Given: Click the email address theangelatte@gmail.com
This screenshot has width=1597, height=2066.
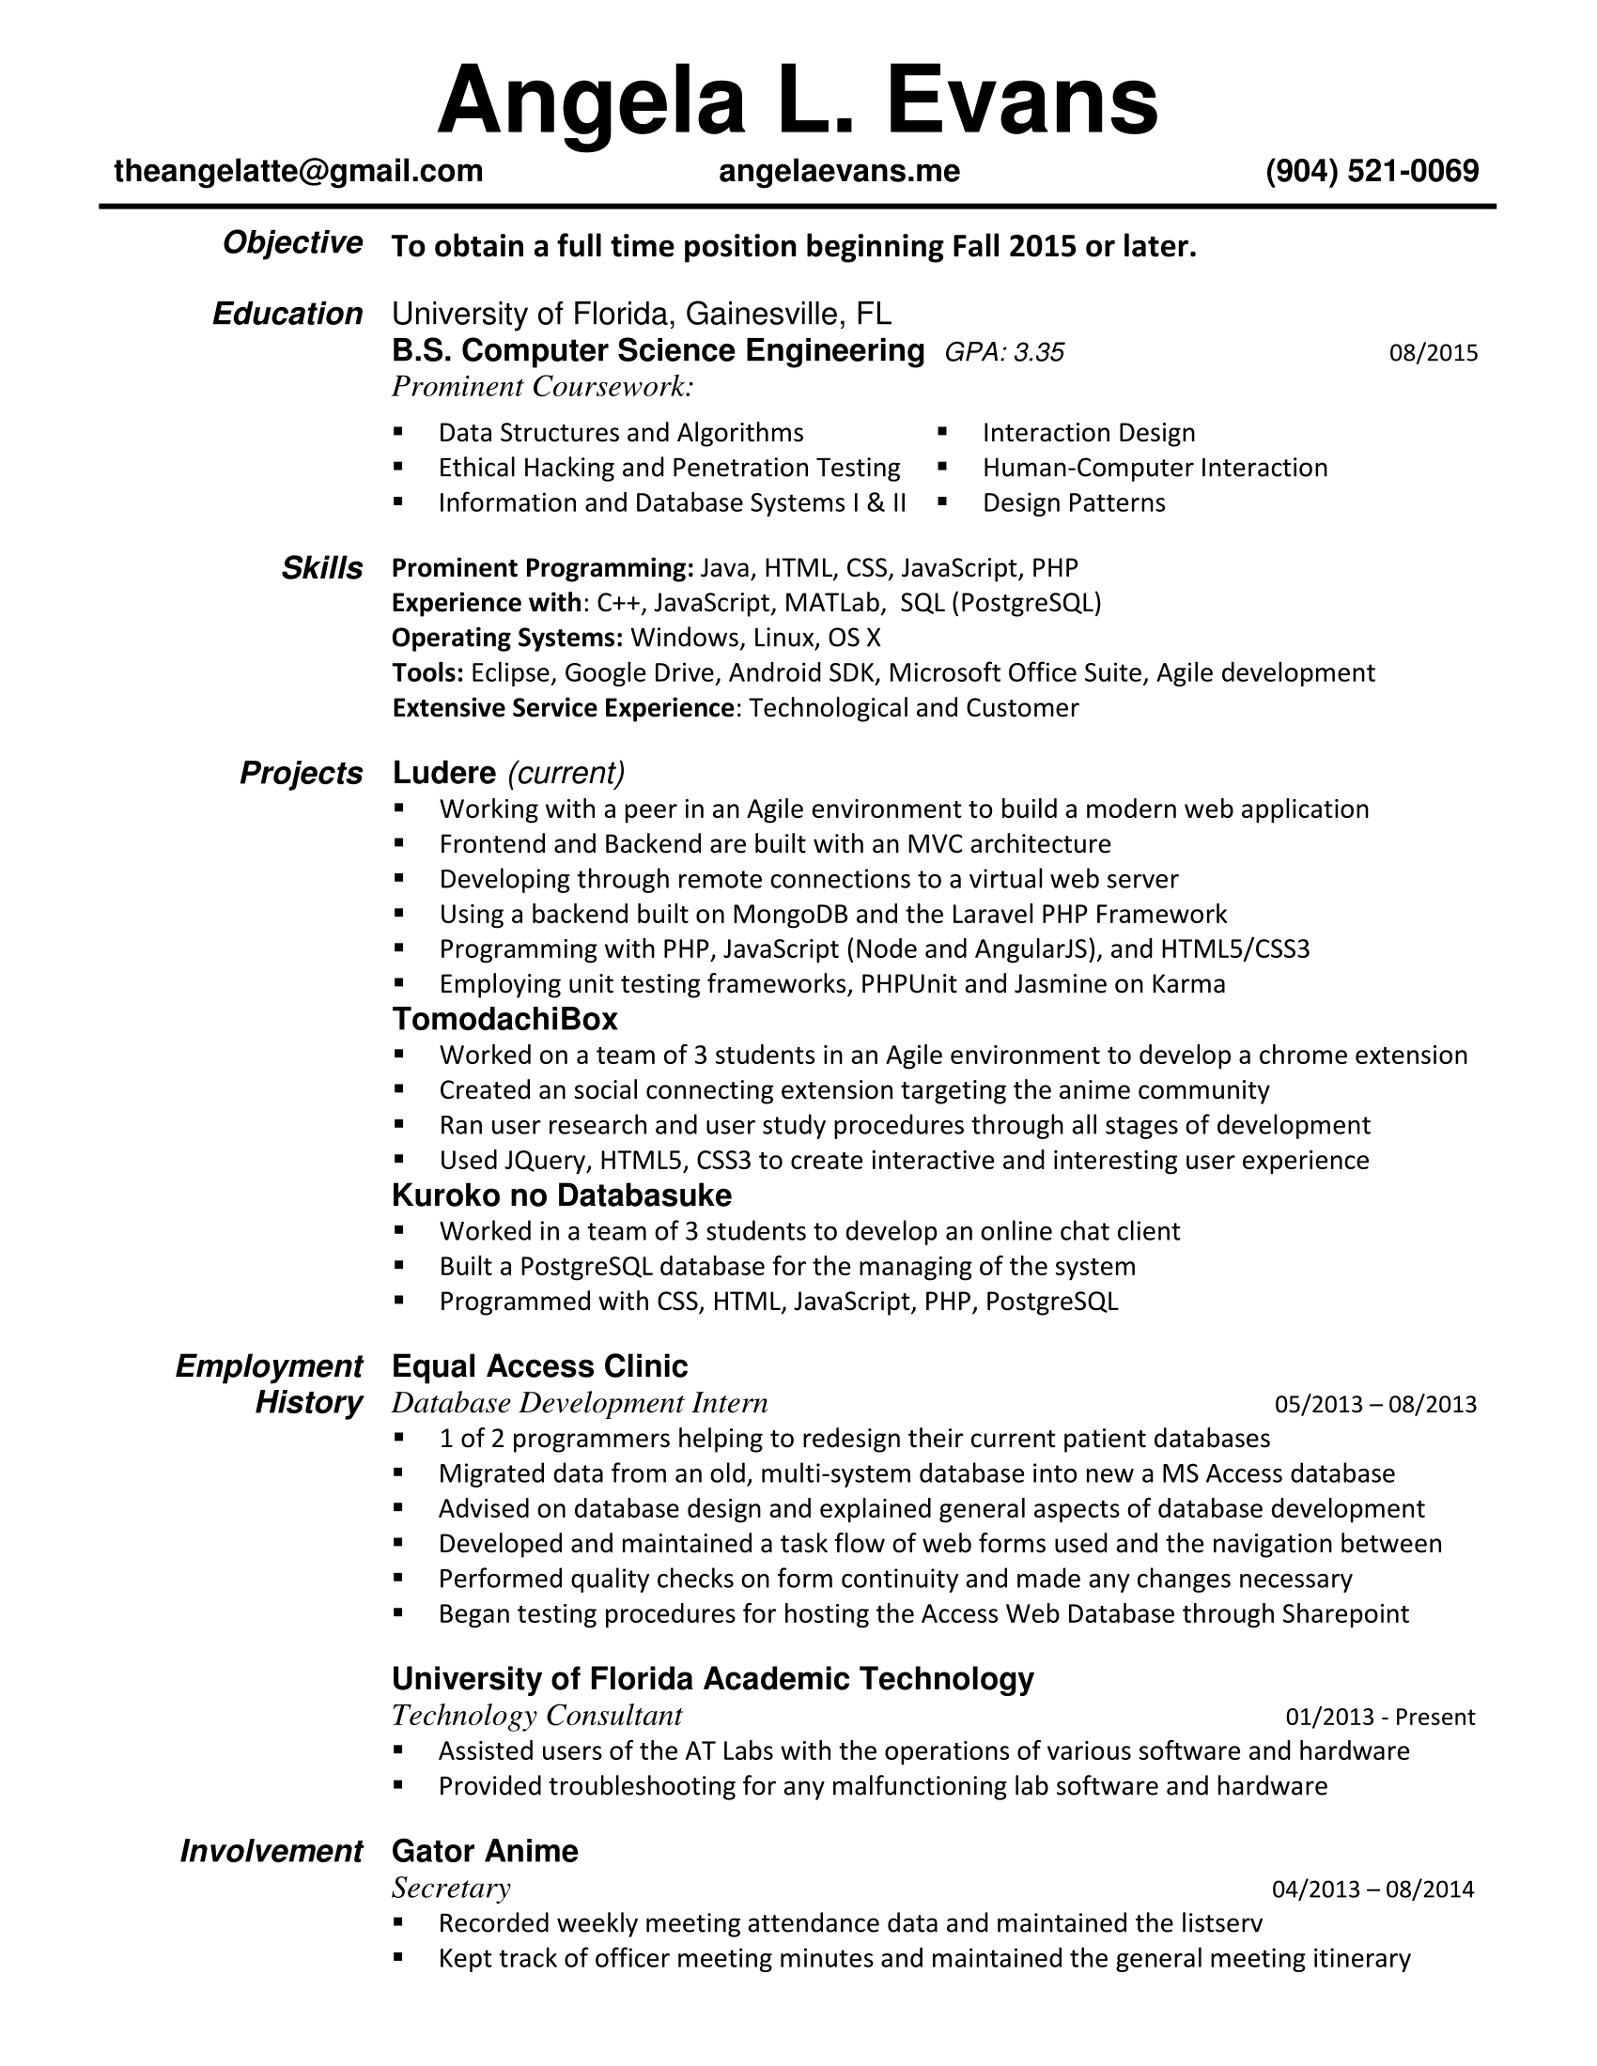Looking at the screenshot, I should click(x=298, y=171).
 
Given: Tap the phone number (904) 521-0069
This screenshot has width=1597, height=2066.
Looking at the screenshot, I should click(x=1372, y=171).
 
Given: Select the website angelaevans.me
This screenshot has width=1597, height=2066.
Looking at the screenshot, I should click(x=839, y=171).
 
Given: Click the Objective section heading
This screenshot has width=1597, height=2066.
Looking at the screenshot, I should click(x=292, y=243).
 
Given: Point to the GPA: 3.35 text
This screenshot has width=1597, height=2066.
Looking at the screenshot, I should click(x=1005, y=353).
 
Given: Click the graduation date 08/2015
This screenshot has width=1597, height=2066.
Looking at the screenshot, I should click(x=1433, y=354).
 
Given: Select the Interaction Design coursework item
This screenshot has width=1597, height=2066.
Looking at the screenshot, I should click(x=1089, y=433).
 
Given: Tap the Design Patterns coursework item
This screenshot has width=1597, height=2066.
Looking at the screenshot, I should click(x=1074, y=503).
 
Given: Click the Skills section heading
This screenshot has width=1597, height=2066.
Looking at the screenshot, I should click(x=321, y=568).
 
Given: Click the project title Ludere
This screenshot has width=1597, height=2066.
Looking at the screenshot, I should click(x=443, y=774).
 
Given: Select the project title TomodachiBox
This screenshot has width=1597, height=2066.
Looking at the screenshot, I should click(x=504, y=1020).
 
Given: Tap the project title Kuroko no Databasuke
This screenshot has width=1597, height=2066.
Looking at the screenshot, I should click(x=561, y=1195).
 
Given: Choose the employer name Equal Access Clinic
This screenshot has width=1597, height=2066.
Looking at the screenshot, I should click(x=539, y=1367).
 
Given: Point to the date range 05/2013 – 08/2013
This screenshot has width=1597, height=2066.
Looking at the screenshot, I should click(x=1374, y=1404).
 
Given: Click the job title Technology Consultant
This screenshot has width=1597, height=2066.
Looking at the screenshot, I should click(x=536, y=1716).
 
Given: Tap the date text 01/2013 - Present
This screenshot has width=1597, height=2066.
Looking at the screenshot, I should click(x=1379, y=1717).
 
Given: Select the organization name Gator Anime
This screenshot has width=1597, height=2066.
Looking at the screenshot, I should click(x=485, y=1851).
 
